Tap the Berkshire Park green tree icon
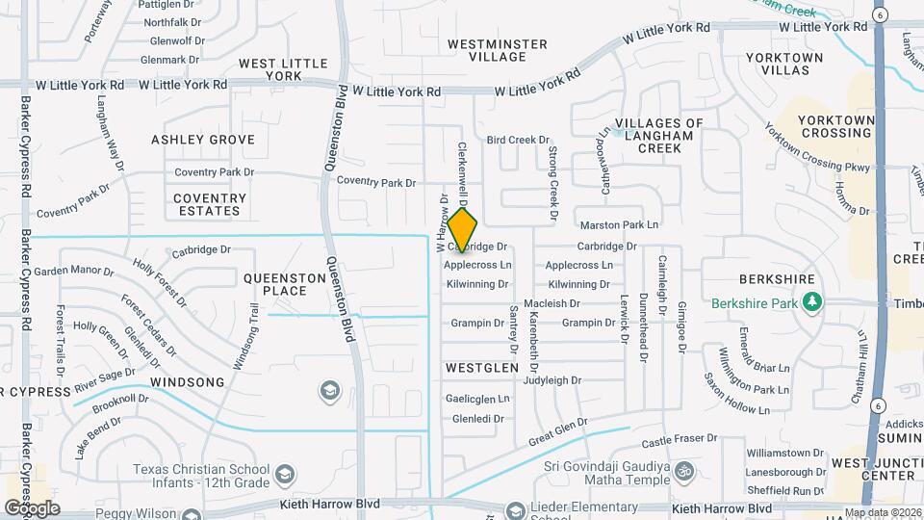(x=813, y=303)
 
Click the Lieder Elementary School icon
(x=517, y=508)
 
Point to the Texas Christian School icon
(x=285, y=474)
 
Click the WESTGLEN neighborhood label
(x=482, y=368)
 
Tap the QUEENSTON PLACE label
(x=284, y=284)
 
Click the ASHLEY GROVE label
(x=203, y=140)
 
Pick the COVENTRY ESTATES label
(x=210, y=204)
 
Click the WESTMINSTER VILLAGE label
(x=498, y=50)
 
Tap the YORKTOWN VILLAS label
(x=785, y=65)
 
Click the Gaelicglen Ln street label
(x=477, y=399)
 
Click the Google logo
(x=32, y=507)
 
